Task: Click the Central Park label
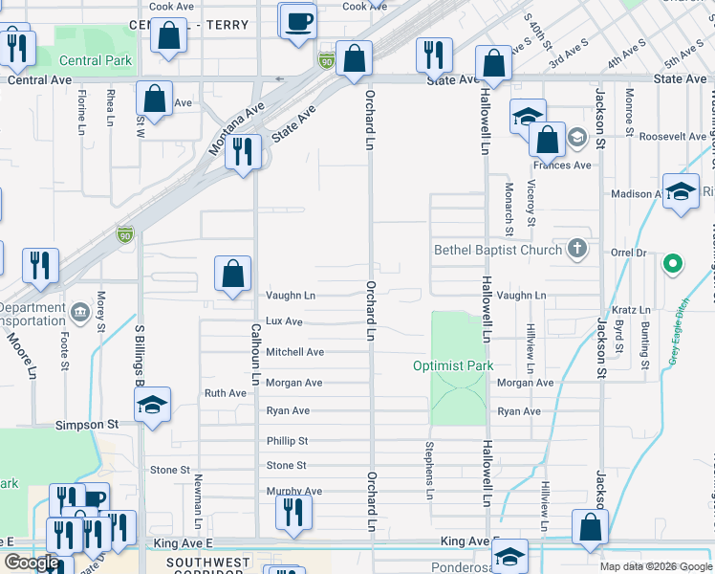[x=96, y=60]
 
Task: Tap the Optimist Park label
[x=453, y=365]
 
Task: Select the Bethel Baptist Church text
[x=499, y=250]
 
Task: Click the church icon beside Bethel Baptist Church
[x=575, y=249]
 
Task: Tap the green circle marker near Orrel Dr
[x=673, y=262]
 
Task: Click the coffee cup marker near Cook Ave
[x=298, y=20]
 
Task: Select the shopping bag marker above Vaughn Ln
[x=233, y=275]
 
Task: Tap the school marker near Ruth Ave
[x=152, y=405]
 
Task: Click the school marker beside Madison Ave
[x=681, y=191]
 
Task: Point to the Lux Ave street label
[x=284, y=322]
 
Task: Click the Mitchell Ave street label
[x=294, y=352]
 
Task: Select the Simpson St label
[x=86, y=424]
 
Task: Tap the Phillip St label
[x=287, y=441]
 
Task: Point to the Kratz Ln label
[x=631, y=310]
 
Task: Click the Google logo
[x=31, y=563]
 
